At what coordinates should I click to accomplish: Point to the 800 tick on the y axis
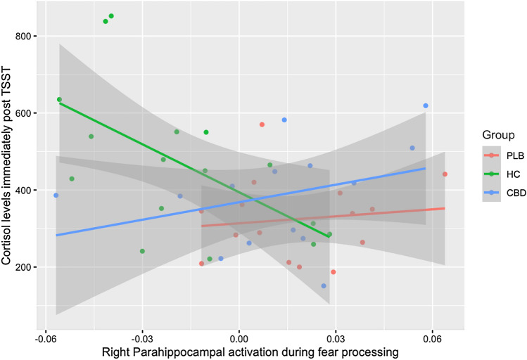coord(25,36)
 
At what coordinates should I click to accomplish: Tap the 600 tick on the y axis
coord(25,113)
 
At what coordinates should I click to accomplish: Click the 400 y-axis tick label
coord(25,191)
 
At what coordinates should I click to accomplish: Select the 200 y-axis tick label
coord(25,267)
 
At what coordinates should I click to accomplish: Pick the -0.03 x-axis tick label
coord(142,336)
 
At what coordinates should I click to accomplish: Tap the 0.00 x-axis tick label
coord(239,336)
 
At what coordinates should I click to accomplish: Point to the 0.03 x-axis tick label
coord(336,336)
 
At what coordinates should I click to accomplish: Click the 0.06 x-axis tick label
coord(432,336)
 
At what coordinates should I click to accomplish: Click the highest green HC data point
coord(111,16)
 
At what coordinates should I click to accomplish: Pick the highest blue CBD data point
coord(426,105)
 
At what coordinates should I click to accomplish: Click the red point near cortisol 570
coord(262,124)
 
